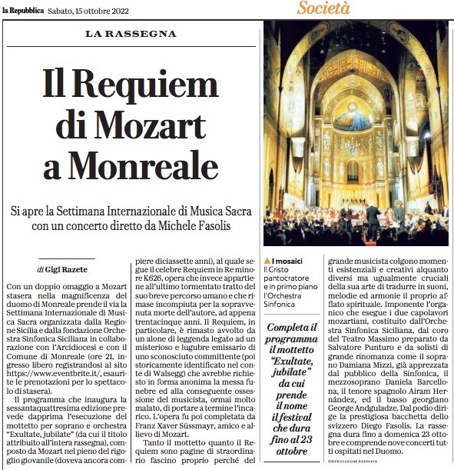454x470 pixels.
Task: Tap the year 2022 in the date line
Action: click(x=113, y=8)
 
